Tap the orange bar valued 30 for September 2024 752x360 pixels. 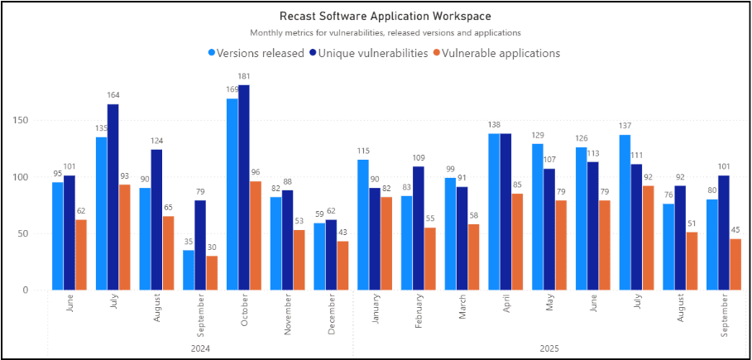[x=211, y=273]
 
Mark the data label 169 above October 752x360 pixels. [x=232, y=89]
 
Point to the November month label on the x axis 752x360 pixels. [x=288, y=314]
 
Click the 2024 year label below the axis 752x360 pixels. [x=200, y=348]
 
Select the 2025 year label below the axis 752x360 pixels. [x=548, y=348]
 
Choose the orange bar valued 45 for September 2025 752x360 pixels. [x=735, y=264]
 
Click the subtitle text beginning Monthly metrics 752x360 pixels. [x=385, y=33]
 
